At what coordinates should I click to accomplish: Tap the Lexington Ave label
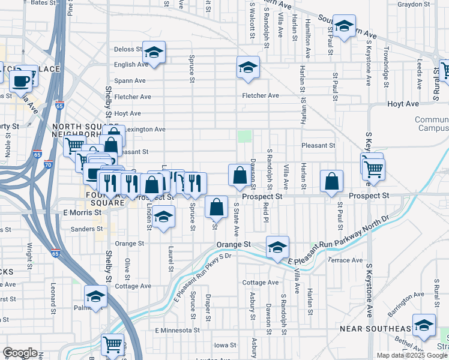[x=146, y=129]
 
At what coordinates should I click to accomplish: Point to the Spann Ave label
[x=130, y=80]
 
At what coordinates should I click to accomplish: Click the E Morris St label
[x=82, y=212]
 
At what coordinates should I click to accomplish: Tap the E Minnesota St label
[x=177, y=331]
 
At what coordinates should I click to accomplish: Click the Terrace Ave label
[x=345, y=260]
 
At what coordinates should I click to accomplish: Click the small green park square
[x=244, y=136]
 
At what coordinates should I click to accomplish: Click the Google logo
[x=20, y=352]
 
